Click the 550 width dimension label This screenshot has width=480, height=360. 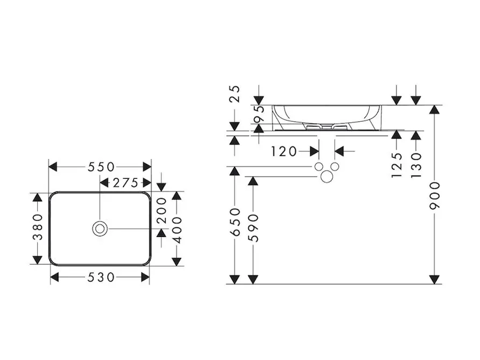(x=100, y=167)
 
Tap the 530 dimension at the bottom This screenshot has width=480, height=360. (x=100, y=277)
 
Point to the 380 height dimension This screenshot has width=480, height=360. (x=38, y=228)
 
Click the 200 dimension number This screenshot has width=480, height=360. (x=161, y=211)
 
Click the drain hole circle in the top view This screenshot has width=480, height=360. (x=100, y=228)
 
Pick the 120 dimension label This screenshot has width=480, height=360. (x=284, y=151)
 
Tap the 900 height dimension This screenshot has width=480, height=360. (x=435, y=194)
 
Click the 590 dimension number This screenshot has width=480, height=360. (x=254, y=227)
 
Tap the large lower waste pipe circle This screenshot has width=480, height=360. (x=326, y=176)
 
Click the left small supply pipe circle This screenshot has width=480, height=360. (x=319, y=166)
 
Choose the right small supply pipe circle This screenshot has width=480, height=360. (x=335, y=166)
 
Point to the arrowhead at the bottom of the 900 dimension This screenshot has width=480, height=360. (x=435, y=279)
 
